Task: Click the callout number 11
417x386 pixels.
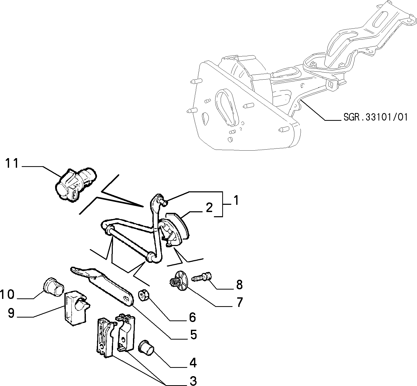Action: [x=12, y=164]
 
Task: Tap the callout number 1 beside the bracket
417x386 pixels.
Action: [x=236, y=201]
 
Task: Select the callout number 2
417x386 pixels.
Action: [x=210, y=208]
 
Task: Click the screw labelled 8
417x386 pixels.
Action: [x=202, y=277]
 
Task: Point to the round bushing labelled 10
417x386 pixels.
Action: [x=53, y=287]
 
